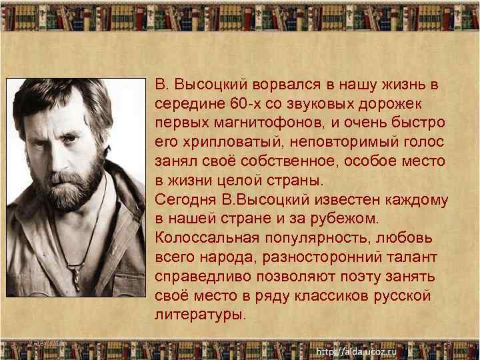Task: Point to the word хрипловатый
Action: pyautogui.click(x=223, y=143)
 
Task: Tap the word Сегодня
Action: pyautogui.click(x=183, y=200)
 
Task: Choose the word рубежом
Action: pyautogui.click(x=347, y=219)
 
